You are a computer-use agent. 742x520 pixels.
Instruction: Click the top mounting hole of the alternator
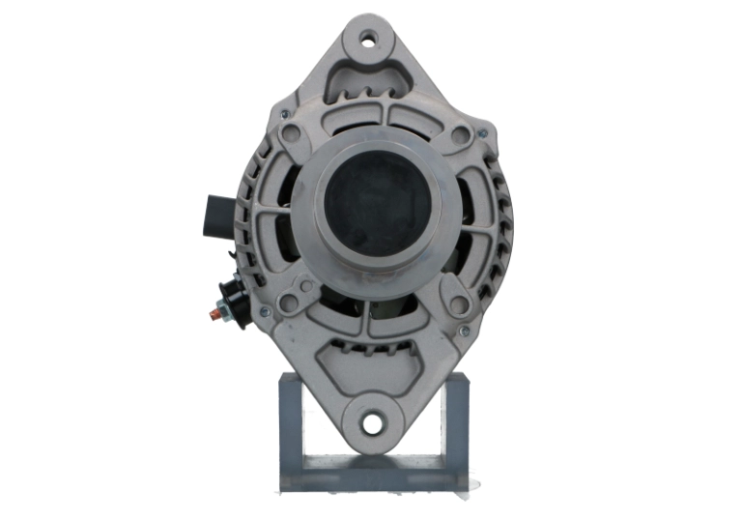click(368, 42)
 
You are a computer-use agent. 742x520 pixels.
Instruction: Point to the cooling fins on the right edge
click(501, 222)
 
